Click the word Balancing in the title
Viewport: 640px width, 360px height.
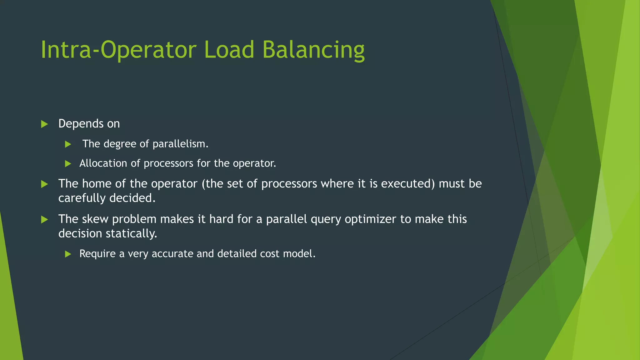point(313,50)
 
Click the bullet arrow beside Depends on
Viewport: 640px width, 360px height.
point(44,124)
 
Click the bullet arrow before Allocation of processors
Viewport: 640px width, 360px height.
point(68,163)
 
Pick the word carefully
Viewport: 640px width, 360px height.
point(82,198)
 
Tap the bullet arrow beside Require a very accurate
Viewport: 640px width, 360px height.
point(68,254)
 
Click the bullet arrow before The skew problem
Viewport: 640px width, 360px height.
point(44,219)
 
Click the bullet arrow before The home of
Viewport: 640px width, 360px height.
point(44,184)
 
